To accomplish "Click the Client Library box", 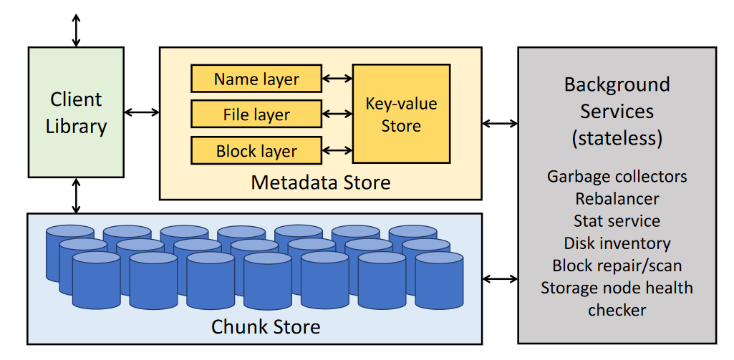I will (x=76, y=112).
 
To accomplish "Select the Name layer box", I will (x=256, y=79).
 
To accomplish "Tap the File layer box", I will (x=256, y=115).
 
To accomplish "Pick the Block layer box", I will (x=256, y=151).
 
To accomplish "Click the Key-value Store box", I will (x=401, y=114).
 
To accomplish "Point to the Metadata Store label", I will (x=321, y=183).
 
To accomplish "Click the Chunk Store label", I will (x=266, y=327).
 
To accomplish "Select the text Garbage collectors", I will (x=617, y=176).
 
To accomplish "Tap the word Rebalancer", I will (x=617, y=198).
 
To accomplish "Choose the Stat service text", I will (x=617, y=220).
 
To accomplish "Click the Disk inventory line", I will (x=617, y=243).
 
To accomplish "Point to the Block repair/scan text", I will (x=617, y=266).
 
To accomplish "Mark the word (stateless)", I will (x=617, y=137).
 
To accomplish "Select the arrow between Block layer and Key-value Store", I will (x=337, y=151).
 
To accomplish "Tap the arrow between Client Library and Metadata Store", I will (x=142, y=112).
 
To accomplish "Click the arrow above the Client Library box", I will (x=76, y=29).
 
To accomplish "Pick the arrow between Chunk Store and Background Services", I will (x=501, y=278).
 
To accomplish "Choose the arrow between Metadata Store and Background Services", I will (x=501, y=123).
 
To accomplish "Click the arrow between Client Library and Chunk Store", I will (x=76, y=195).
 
